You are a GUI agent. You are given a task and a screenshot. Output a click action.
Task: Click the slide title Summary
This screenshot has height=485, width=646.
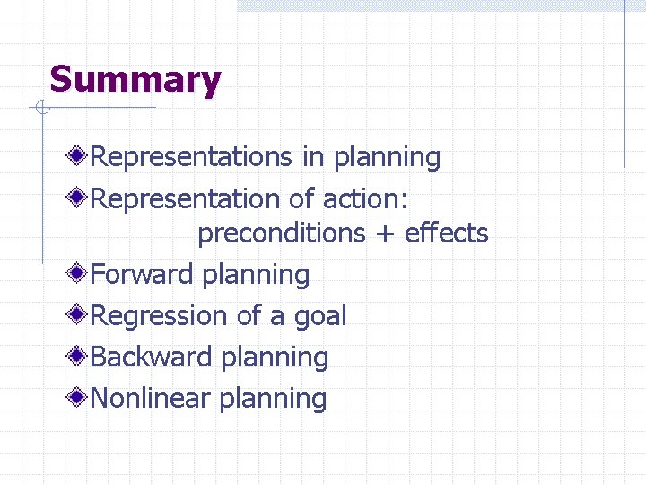[135, 80]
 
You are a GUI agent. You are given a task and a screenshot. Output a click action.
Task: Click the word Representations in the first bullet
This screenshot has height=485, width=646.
[192, 157]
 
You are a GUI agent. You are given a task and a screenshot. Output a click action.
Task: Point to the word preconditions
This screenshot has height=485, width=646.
[280, 234]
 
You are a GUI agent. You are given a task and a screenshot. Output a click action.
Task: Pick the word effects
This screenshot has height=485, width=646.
[446, 234]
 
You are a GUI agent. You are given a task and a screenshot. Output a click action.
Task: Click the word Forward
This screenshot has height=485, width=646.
[143, 275]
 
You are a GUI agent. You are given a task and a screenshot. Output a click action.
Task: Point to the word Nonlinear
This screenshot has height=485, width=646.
[151, 398]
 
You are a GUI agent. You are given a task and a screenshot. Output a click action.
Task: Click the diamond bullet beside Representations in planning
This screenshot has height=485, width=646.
[81, 157]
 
